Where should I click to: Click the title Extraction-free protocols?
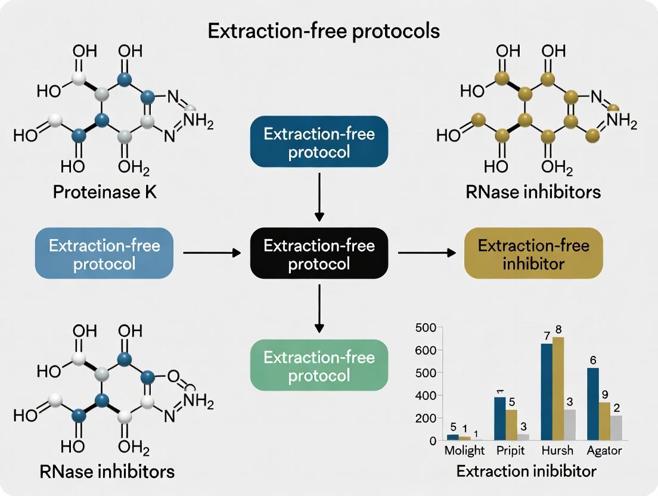(324, 31)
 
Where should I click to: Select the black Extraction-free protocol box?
(319, 254)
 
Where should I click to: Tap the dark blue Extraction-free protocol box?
(319, 142)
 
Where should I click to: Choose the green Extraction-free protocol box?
(319, 365)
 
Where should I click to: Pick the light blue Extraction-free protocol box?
(104, 254)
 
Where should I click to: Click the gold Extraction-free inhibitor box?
(533, 254)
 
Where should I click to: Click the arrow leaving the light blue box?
(212, 253)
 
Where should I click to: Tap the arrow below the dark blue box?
(319, 196)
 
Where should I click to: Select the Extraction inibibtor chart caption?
(526, 471)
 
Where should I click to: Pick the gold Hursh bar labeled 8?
(558, 388)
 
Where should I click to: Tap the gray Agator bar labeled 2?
(616, 427)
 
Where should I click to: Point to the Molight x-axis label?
(465, 451)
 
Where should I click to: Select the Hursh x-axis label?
(557, 451)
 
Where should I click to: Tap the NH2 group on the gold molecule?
(622, 123)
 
